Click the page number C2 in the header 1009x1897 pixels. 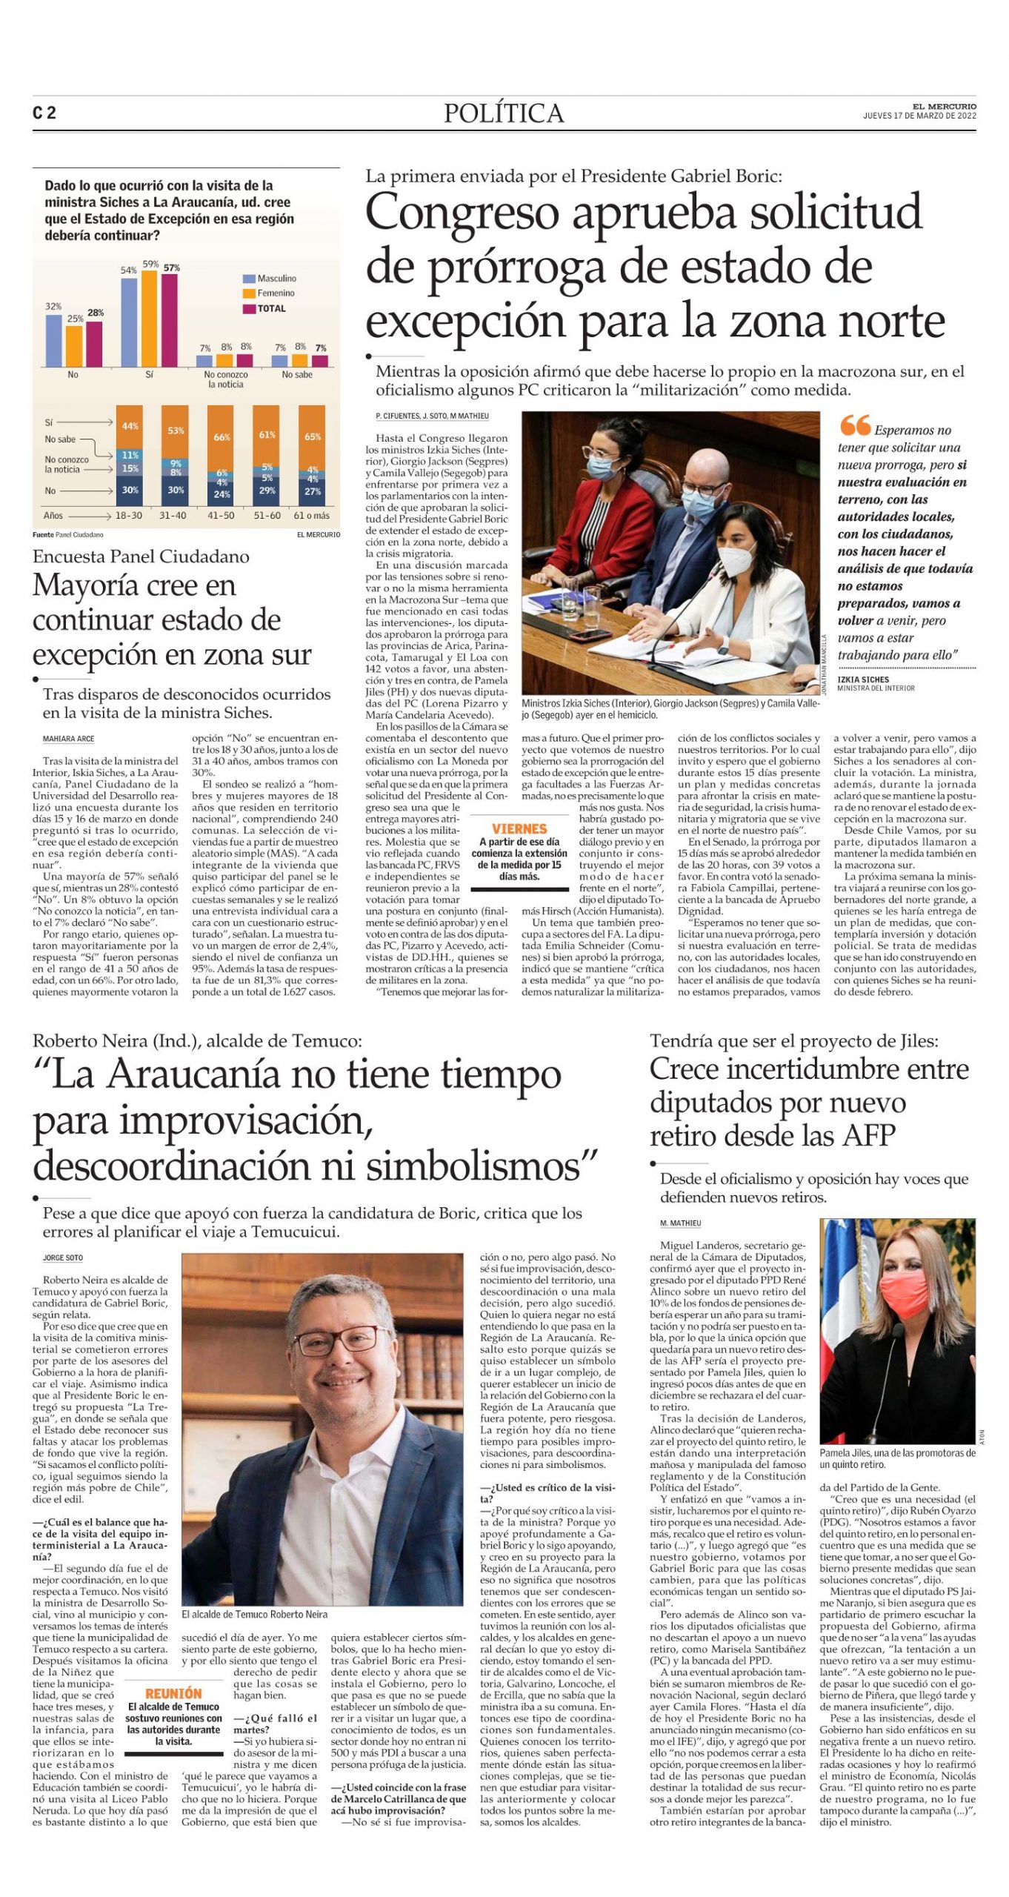click(x=44, y=113)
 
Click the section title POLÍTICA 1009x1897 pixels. click(x=504, y=113)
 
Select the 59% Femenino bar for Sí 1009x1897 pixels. click(x=150, y=319)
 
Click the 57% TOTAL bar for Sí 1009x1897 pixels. click(x=170, y=321)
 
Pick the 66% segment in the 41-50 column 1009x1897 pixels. click(x=222, y=436)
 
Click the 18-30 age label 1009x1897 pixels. click(x=129, y=515)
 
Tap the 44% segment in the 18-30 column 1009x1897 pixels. click(x=130, y=426)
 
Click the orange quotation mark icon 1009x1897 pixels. click(x=855, y=425)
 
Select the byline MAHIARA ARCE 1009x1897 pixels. click(x=68, y=739)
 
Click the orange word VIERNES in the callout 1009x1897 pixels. click(x=519, y=829)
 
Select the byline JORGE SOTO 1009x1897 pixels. click(x=62, y=1258)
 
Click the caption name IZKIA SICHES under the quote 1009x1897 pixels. click(x=863, y=680)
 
